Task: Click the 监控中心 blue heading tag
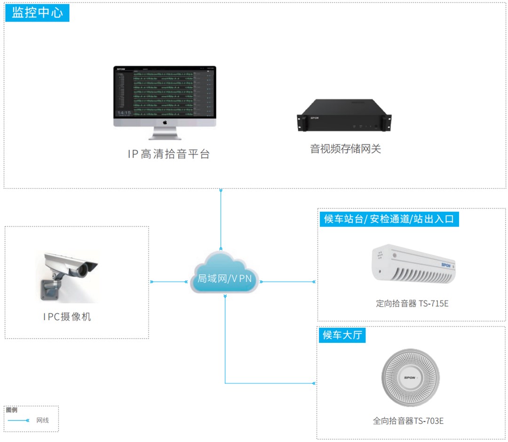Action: (37, 12)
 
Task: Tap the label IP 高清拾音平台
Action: (169, 154)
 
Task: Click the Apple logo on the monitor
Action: (165, 122)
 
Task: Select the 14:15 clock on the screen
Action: (124, 113)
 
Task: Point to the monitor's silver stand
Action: (165, 134)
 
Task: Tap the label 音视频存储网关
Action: (345, 149)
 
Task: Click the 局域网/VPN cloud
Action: (224, 275)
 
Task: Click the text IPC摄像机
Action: (67, 316)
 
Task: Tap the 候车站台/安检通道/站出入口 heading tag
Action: (389, 219)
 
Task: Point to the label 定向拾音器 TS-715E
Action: (412, 303)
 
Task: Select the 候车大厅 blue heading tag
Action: (342, 335)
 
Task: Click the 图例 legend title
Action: (12, 410)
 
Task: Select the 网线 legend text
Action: (42, 420)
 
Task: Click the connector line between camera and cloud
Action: (169, 282)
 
